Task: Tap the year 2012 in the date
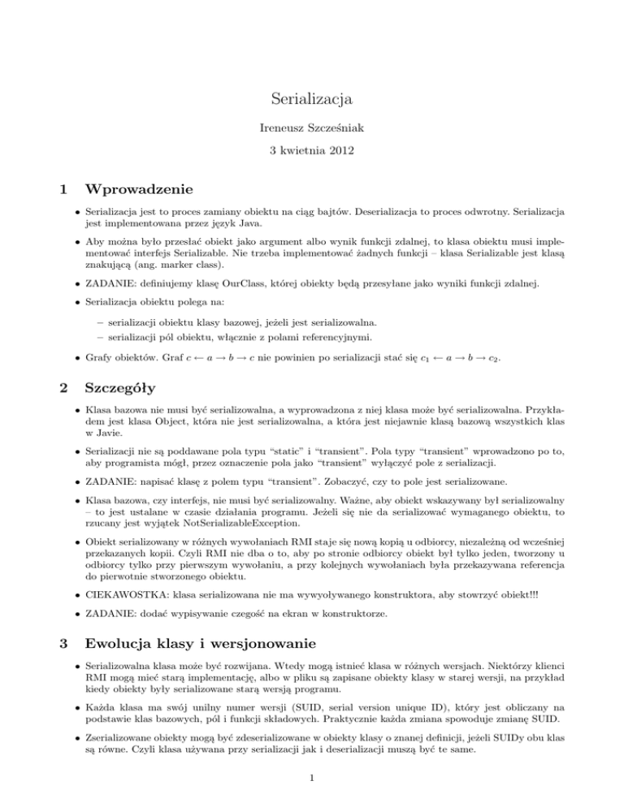344,151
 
